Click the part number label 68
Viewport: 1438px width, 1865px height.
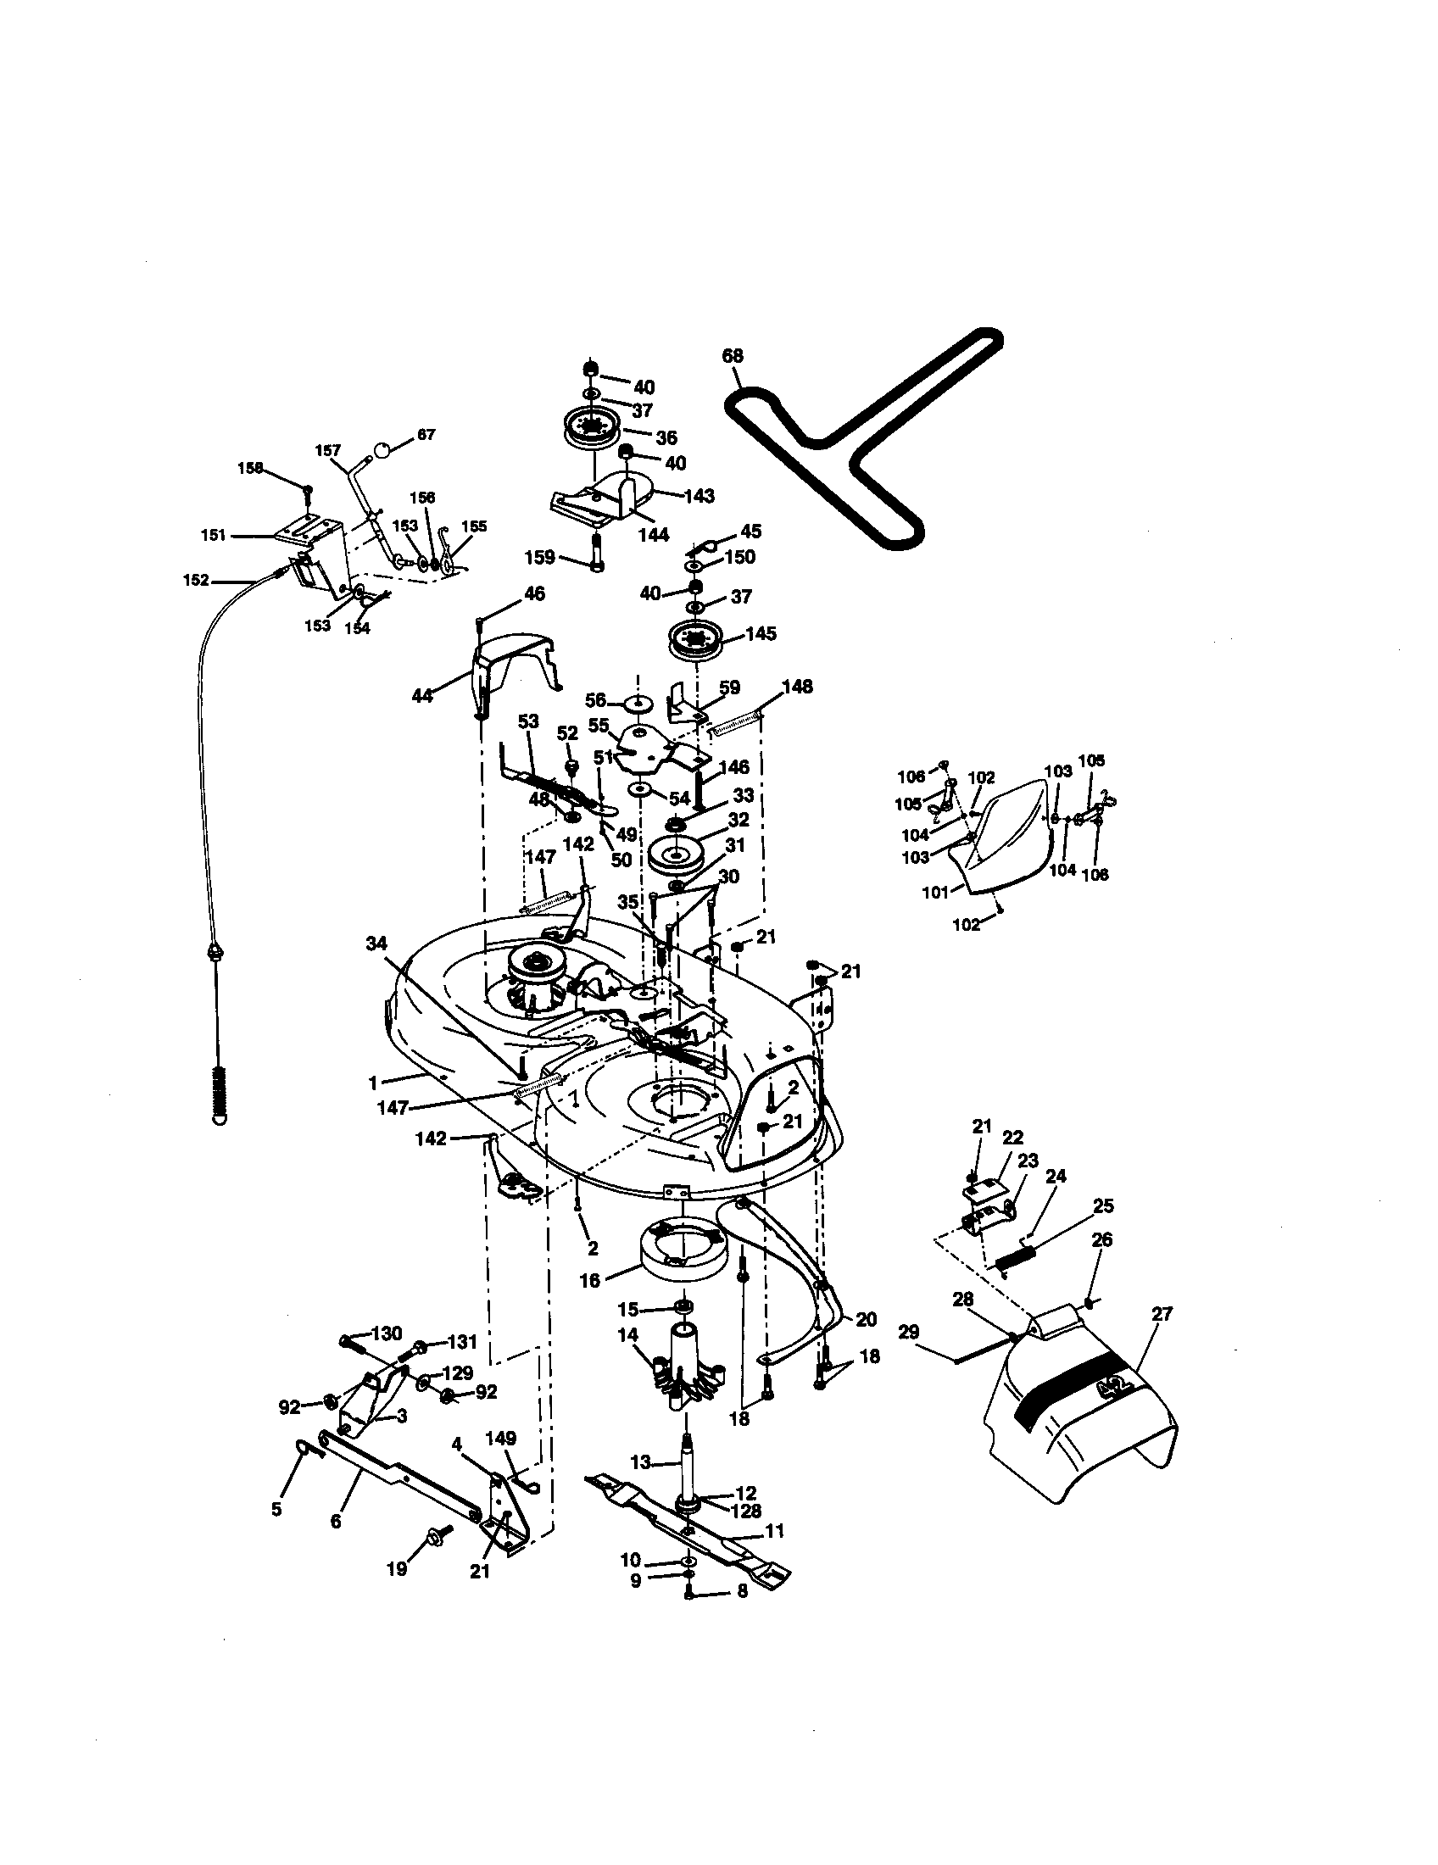(x=732, y=356)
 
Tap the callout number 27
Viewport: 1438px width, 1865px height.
(x=1162, y=1314)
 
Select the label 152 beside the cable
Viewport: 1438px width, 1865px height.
(x=196, y=580)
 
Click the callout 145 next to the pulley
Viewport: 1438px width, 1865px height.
(x=761, y=633)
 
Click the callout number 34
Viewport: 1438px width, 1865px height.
(x=376, y=943)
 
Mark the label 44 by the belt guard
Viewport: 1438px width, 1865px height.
(x=422, y=696)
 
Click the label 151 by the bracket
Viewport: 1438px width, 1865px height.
(x=214, y=536)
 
